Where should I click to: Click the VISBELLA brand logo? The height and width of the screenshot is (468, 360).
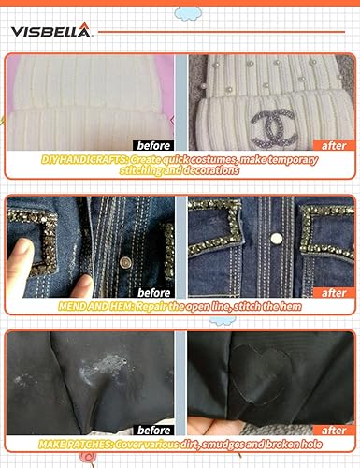click(x=51, y=32)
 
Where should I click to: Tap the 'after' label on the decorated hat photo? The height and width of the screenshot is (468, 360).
click(x=334, y=145)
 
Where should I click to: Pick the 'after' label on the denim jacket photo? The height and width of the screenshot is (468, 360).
click(x=334, y=292)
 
